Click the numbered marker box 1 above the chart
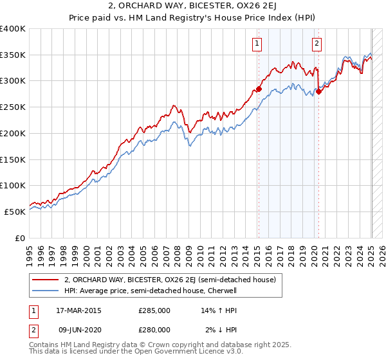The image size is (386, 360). (257, 44)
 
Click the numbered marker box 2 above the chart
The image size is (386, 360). (317, 44)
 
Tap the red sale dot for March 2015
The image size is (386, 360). (259, 89)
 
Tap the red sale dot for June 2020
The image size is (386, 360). (318, 91)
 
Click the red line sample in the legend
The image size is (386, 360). (45, 280)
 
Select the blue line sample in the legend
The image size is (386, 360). (45, 291)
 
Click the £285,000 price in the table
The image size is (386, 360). (154, 310)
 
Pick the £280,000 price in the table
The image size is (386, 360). (154, 330)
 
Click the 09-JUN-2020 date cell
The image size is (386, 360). (78, 330)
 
